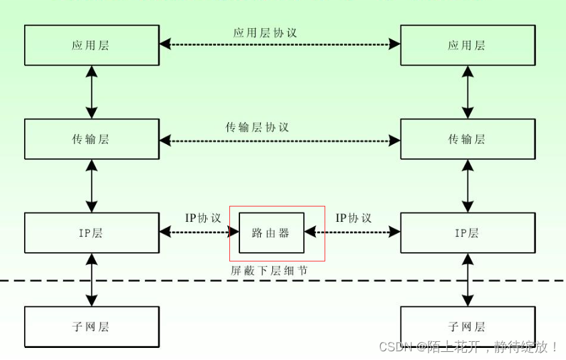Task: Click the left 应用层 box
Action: [x=91, y=46]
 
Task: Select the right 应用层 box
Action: [x=467, y=46]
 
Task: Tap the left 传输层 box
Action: [x=91, y=139]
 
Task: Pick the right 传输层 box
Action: [x=467, y=139]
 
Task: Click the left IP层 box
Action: [x=91, y=233]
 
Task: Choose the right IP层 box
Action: [x=467, y=233]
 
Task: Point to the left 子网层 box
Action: [x=91, y=326]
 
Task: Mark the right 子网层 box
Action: [x=467, y=326]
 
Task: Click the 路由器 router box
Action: [x=271, y=233]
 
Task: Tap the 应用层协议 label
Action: [x=265, y=32]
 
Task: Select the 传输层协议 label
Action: [x=258, y=127]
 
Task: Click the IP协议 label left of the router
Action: [x=203, y=219]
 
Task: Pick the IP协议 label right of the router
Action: [x=353, y=219]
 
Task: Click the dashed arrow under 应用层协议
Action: [x=280, y=45]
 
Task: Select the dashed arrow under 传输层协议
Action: [x=280, y=140]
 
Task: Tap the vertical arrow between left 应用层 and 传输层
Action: [x=91, y=93]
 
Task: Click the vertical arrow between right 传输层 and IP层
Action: [x=467, y=186]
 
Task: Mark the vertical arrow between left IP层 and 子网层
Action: [x=91, y=280]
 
